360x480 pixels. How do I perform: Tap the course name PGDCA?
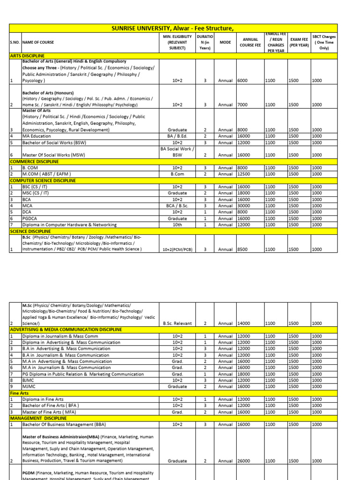click(30, 218)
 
